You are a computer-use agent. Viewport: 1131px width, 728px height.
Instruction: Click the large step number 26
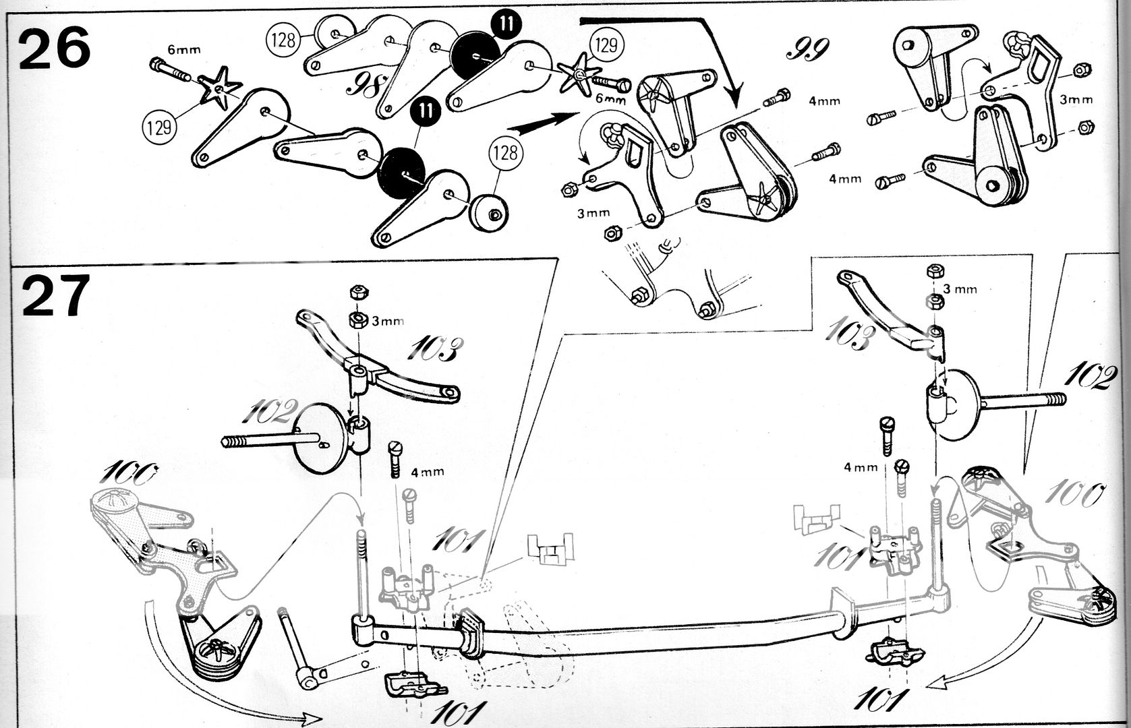54,47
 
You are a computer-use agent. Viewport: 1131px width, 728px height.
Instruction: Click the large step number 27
55,297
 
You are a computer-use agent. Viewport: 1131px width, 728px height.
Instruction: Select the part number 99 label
807,48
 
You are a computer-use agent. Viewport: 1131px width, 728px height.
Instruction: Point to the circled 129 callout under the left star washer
159,125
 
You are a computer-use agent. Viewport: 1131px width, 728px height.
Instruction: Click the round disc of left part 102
322,439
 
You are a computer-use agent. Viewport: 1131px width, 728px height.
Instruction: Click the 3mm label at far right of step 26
1076,100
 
